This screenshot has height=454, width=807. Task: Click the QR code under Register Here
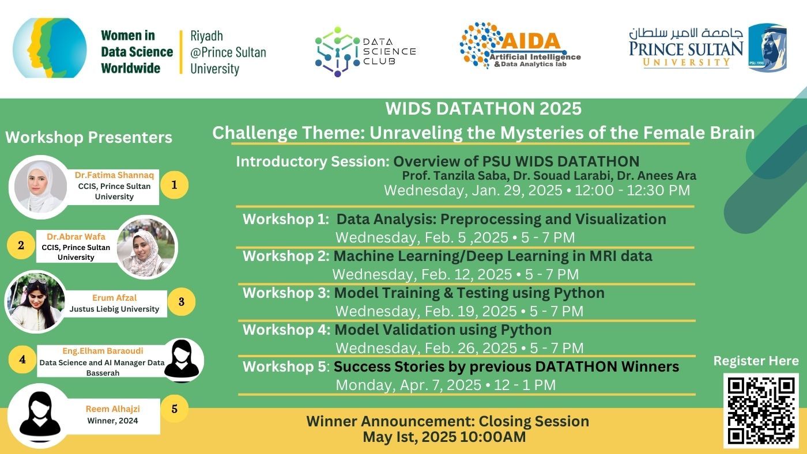(761, 410)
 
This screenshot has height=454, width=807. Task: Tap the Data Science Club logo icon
(337, 51)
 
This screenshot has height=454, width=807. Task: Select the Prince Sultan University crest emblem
(767, 48)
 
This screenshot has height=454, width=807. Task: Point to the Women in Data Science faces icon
(50, 48)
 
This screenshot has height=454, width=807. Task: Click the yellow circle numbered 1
(174, 185)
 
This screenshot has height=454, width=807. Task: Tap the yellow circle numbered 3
(181, 302)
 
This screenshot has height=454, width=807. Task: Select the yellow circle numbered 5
(175, 409)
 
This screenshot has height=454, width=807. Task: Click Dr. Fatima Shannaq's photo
(40, 187)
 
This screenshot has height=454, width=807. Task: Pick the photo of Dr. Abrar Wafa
(146, 247)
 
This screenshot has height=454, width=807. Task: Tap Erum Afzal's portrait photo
(35, 302)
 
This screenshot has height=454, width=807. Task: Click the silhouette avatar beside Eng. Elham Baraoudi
(182, 360)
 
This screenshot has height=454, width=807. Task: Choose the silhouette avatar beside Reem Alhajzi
(40, 415)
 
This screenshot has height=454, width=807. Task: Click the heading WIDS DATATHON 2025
(483, 108)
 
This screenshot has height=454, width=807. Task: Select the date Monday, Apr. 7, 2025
(409, 385)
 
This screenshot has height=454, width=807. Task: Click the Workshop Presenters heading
(89, 137)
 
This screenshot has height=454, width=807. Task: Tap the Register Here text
(756, 361)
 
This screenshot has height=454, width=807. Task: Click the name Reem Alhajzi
(113, 409)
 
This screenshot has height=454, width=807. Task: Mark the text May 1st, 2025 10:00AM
(444, 437)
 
